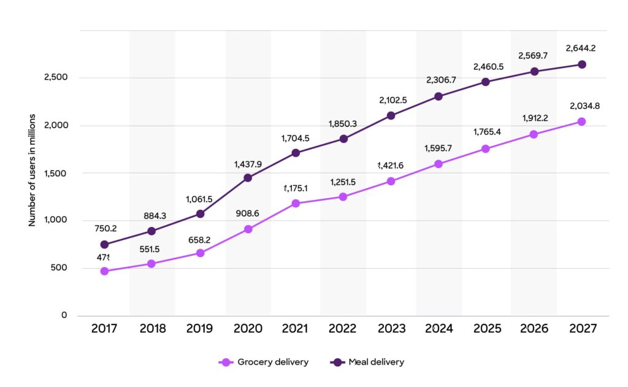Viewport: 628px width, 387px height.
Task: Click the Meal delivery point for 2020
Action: (248, 178)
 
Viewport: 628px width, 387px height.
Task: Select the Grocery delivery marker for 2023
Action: (391, 182)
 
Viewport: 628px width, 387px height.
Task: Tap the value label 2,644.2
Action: (582, 48)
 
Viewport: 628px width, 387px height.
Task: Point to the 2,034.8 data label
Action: (584, 105)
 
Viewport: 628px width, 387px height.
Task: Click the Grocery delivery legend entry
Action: (264, 362)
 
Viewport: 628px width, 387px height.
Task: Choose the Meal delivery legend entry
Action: (368, 362)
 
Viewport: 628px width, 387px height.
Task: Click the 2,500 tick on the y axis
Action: (55, 78)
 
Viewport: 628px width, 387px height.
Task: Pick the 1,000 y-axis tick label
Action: (55, 220)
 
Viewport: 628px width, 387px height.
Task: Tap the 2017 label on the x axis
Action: (104, 329)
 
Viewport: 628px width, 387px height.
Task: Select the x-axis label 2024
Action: (438, 329)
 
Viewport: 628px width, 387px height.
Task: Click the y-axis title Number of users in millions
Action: (32, 170)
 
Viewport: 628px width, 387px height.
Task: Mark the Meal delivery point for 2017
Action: (104, 245)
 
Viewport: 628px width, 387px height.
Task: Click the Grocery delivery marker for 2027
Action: (581, 121)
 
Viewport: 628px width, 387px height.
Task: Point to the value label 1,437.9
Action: (248, 164)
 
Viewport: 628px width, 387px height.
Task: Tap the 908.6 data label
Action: (248, 215)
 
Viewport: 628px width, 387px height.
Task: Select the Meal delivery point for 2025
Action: (486, 82)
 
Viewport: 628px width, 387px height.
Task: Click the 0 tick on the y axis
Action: (64, 315)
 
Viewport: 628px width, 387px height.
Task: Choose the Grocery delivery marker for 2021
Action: (296, 203)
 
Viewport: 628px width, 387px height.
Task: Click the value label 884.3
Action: (152, 216)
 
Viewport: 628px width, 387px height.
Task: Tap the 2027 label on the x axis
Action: (582, 329)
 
